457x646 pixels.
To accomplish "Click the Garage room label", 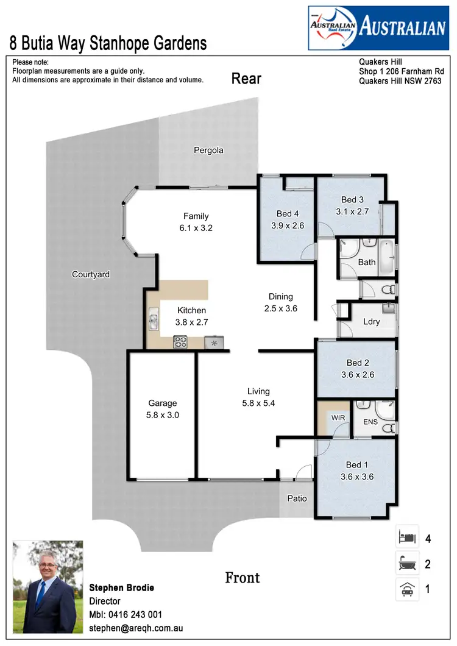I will pyautogui.click(x=163, y=403).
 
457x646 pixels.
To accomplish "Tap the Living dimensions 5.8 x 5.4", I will pyautogui.click(x=258, y=403).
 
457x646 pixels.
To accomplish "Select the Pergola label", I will pyautogui.click(x=208, y=150).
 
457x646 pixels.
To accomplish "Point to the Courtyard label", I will pyautogui.click(x=91, y=274).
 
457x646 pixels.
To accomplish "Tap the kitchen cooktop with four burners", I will pyautogui.click(x=181, y=343).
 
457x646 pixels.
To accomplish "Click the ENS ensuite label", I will pyautogui.click(x=370, y=421).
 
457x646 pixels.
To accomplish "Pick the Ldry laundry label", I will pyautogui.click(x=372, y=321).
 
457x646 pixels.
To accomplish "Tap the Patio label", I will pyautogui.click(x=297, y=499).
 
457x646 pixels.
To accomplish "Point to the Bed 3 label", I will pyautogui.click(x=352, y=200).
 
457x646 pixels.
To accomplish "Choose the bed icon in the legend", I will pyautogui.click(x=406, y=538).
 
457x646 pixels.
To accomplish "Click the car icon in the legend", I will pyautogui.click(x=406, y=589).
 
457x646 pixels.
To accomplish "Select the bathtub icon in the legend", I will pyautogui.click(x=406, y=564).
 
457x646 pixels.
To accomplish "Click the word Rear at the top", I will pyautogui.click(x=246, y=79).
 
